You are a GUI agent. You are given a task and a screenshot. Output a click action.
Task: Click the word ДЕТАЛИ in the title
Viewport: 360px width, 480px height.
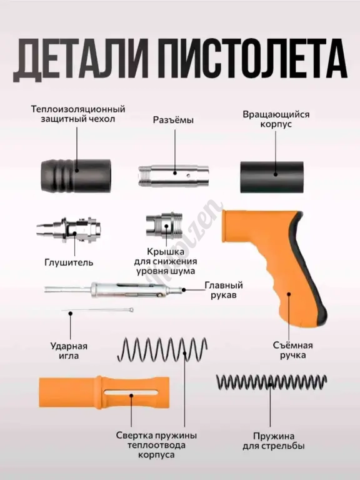pos(81,59)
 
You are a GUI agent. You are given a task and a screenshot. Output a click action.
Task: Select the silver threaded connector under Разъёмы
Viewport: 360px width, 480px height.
pos(174,176)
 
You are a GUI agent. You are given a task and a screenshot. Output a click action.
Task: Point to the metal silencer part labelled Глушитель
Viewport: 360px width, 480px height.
pos(68,229)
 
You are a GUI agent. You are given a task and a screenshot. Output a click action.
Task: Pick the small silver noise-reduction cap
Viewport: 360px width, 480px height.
pos(164,225)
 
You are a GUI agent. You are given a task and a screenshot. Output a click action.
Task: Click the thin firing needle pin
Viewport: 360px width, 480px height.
pos(97,311)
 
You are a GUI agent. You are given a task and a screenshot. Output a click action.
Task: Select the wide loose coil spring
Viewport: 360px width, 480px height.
pos(162,349)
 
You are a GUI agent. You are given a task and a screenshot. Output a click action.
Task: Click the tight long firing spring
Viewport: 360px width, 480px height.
pos(271,382)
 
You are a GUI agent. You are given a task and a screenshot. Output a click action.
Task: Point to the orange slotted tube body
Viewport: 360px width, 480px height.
pos(104,392)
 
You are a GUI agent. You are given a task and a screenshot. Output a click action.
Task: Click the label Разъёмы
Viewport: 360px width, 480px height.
pos(173,120)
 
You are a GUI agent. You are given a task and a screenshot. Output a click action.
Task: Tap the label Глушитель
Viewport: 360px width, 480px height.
pos(69,262)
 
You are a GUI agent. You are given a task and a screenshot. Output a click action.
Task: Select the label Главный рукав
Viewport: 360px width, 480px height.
pos(224,290)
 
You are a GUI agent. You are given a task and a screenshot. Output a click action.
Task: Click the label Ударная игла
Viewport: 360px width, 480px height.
pos(69,351)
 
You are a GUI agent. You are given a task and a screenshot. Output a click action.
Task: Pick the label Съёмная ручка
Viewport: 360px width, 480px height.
pos(293,350)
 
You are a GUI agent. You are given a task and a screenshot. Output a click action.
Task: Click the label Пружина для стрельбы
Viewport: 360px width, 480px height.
pos(274,441)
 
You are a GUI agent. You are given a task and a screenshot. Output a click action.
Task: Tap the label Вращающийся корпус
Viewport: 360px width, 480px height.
pos(276,119)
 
